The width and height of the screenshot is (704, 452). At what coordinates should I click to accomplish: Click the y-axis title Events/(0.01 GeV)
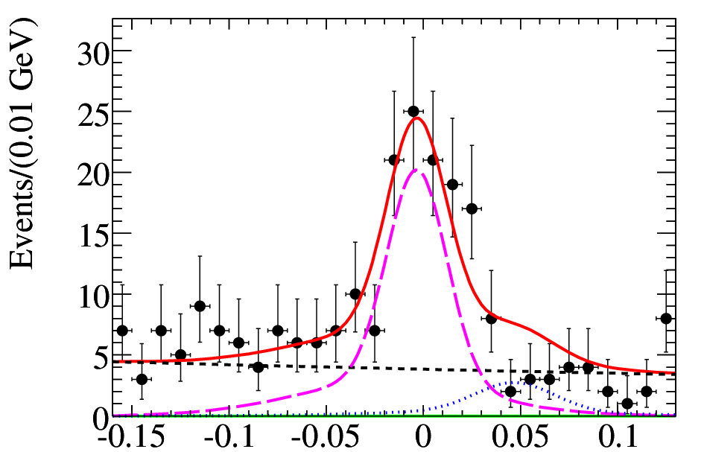tap(22, 144)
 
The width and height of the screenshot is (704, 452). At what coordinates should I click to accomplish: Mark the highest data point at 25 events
tap(413, 111)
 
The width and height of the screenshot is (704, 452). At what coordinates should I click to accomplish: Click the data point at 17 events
tap(472, 209)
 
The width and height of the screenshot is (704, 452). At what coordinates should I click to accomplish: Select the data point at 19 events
tap(453, 185)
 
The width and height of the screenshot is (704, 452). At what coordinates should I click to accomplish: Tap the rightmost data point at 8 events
tap(666, 319)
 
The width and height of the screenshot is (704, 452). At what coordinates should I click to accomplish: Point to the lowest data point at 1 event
tap(627, 404)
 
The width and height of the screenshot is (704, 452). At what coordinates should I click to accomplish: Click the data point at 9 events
tap(200, 306)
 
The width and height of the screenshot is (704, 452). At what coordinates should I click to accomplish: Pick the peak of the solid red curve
tap(416, 118)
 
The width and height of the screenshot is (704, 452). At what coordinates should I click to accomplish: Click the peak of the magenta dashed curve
tap(416, 170)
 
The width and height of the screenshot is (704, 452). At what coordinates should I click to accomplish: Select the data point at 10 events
tap(355, 294)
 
